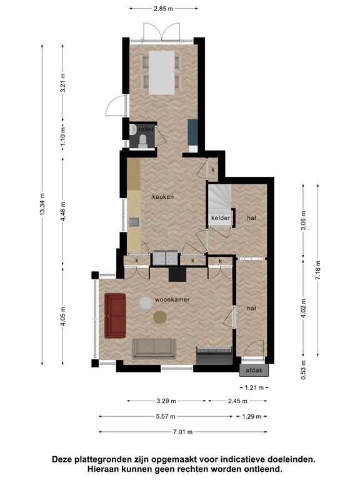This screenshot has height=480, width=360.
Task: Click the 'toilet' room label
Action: pyautogui.click(x=146, y=129)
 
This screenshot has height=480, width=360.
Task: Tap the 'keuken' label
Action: pyautogui.click(x=163, y=197)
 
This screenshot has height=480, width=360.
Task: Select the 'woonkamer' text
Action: pyautogui.click(x=172, y=300)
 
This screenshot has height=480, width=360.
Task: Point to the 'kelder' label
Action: pyautogui.click(x=221, y=218)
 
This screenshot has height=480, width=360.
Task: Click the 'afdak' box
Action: pyautogui.click(x=254, y=371)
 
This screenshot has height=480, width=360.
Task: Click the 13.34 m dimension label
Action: pyautogui.click(x=42, y=204)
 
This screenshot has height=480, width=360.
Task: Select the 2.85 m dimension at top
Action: pyautogui.click(x=164, y=9)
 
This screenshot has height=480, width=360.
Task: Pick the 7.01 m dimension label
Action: pyautogui.click(x=182, y=432)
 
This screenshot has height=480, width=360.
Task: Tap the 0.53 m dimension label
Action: pyautogui.click(x=303, y=370)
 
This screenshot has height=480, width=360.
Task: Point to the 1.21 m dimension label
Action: pyautogui.click(x=254, y=388)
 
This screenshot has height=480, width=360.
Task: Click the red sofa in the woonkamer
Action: pyautogui.click(x=115, y=316)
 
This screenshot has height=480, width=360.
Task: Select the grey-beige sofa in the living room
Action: pyautogui.click(x=154, y=349)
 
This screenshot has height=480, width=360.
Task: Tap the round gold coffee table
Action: pyautogui.click(x=160, y=317)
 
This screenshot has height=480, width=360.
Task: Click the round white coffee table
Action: pyautogui.click(x=146, y=304)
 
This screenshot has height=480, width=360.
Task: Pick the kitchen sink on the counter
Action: pyautogui.click(x=134, y=222)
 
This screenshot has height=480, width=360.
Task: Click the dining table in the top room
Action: pyautogui.click(x=162, y=72)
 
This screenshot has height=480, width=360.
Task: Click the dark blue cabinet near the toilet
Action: pyautogui.click(x=192, y=132)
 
